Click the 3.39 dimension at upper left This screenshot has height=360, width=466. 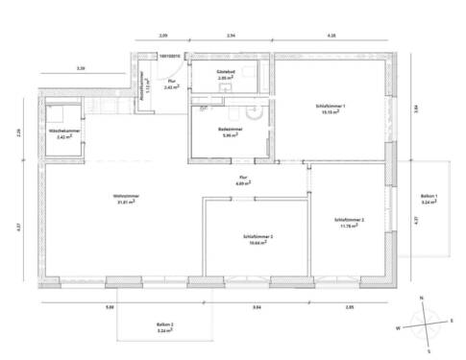click(81, 69)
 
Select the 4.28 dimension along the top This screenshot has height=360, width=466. click(331, 35)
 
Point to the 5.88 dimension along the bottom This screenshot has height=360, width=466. click(110, 307)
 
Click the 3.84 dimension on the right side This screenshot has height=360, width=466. click(416, 108)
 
